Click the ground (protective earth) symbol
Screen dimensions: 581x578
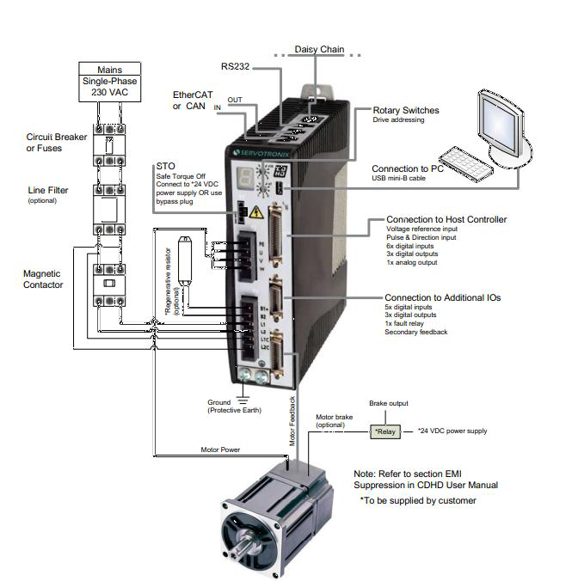[x=243, y=393]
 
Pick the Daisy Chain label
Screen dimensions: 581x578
[x=319, y=50]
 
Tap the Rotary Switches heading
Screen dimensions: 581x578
[x=406, y=110]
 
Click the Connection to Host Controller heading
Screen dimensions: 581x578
[x=446, y=219]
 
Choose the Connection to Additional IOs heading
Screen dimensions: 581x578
[x=442, y=297]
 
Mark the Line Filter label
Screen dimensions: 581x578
[x=47, y=191]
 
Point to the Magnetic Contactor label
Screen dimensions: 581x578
[x=43, y=279]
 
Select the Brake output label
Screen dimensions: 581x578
[x=388, y=403]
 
